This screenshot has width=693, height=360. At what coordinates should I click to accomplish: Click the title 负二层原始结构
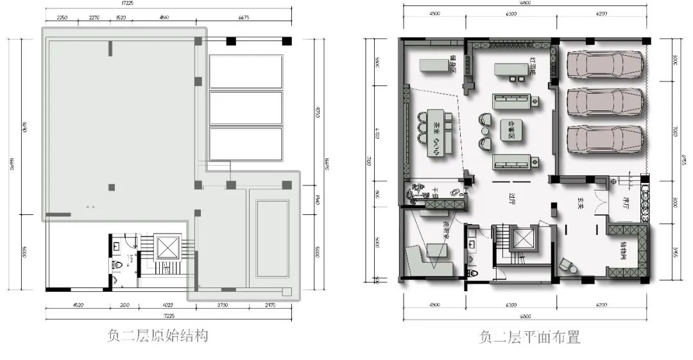click(x=157, y=336)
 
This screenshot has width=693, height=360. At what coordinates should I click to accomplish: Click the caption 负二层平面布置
click(x=529, y=336)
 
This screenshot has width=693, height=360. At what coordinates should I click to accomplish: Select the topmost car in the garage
click(x=605, y=64)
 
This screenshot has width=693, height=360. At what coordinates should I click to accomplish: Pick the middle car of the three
click(x=605, y=101)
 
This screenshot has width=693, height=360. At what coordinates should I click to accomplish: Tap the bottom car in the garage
click(x=605, y=139)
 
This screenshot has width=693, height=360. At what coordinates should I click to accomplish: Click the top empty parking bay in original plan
click(x=246, y=72)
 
